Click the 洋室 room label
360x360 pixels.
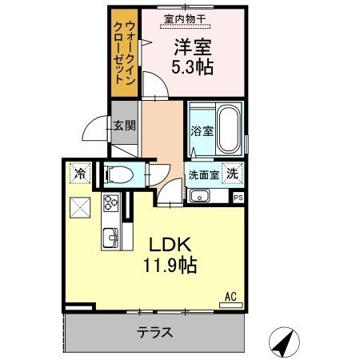click(x=193, y=47)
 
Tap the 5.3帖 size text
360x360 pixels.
click(x=192, y=67)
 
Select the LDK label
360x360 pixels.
click(x=170, y=244)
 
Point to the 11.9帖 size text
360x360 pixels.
click(x=170, y=265)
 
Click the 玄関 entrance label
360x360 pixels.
click(x=125, y=126)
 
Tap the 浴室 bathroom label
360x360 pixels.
click(x=202, y=130)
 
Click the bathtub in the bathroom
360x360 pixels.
click(x=228, y=130)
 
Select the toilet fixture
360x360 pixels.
click(x=119, y=174)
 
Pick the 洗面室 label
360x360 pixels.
click(x=204, y=175)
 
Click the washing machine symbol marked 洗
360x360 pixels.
click(x=233, y=174)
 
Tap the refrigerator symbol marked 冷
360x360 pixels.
click(x=80, y=174)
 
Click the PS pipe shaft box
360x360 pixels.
click(x=238, y=198)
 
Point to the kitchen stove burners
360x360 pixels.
click(x=110, y=203)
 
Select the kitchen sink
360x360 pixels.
click(x=110, y=238)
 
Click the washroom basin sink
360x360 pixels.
click(x=200, y=196)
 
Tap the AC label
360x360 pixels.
click(x=230, y=297)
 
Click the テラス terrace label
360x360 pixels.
click(x=155, y=333)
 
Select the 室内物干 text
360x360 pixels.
click(x=185, y=19)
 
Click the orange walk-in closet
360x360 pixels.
click(x=125, y=53)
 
